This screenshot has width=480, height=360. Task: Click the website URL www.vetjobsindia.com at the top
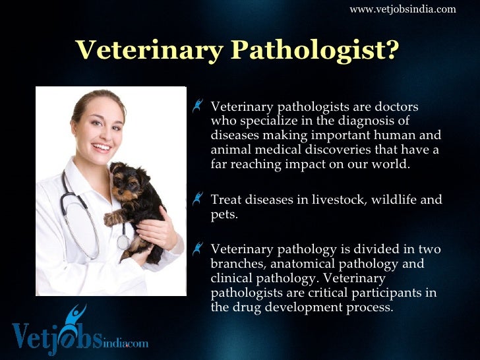click(402, 9)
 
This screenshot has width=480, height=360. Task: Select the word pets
click(223, 214)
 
